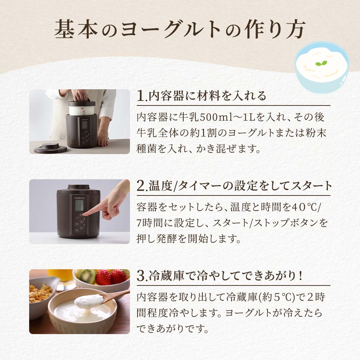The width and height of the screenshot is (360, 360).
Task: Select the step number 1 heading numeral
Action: pyautogui.click(x=140, y=96)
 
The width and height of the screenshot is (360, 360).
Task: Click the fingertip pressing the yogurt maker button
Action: pyautogui.click(x=85, y=213)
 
